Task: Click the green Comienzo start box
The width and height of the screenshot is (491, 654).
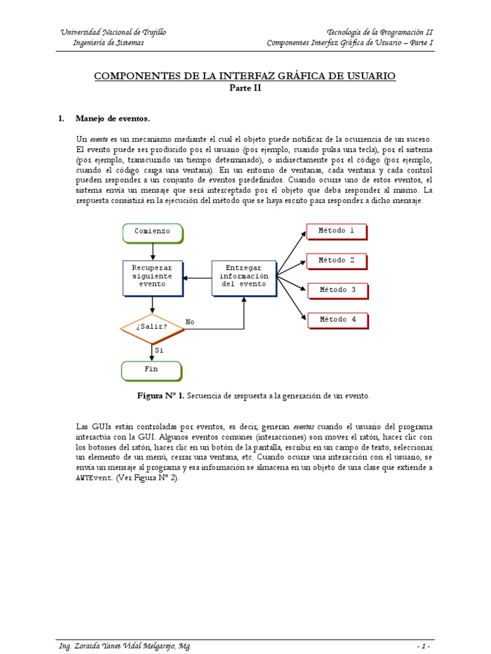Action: tap(152, 232)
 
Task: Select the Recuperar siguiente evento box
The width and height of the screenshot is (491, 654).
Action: tap(152, 277)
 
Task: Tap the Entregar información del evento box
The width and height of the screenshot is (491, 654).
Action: tap(244, 277)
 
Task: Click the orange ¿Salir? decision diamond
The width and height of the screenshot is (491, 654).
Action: tap(152, 327)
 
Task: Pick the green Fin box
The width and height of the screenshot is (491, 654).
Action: tap(152, 370)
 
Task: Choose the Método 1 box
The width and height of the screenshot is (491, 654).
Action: tap(336, 231)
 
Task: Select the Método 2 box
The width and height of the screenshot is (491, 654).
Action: tap(336, 261)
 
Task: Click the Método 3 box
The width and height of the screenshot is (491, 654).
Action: tap(336, 290)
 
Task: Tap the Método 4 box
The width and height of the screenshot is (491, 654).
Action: tap(336, 319)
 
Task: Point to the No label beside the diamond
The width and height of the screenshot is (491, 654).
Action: tap(190, 322)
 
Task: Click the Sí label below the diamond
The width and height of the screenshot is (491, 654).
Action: tap(160, 350)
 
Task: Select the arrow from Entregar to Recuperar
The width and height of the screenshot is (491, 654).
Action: tap(197, 278)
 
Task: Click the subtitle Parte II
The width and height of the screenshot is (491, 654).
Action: tap(245, 89)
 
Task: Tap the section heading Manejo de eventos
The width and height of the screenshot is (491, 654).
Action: tap(113, 119)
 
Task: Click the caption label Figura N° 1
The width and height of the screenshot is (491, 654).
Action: tap(161, 396)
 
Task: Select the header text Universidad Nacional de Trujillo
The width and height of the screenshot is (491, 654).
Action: tap(113, 33)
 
